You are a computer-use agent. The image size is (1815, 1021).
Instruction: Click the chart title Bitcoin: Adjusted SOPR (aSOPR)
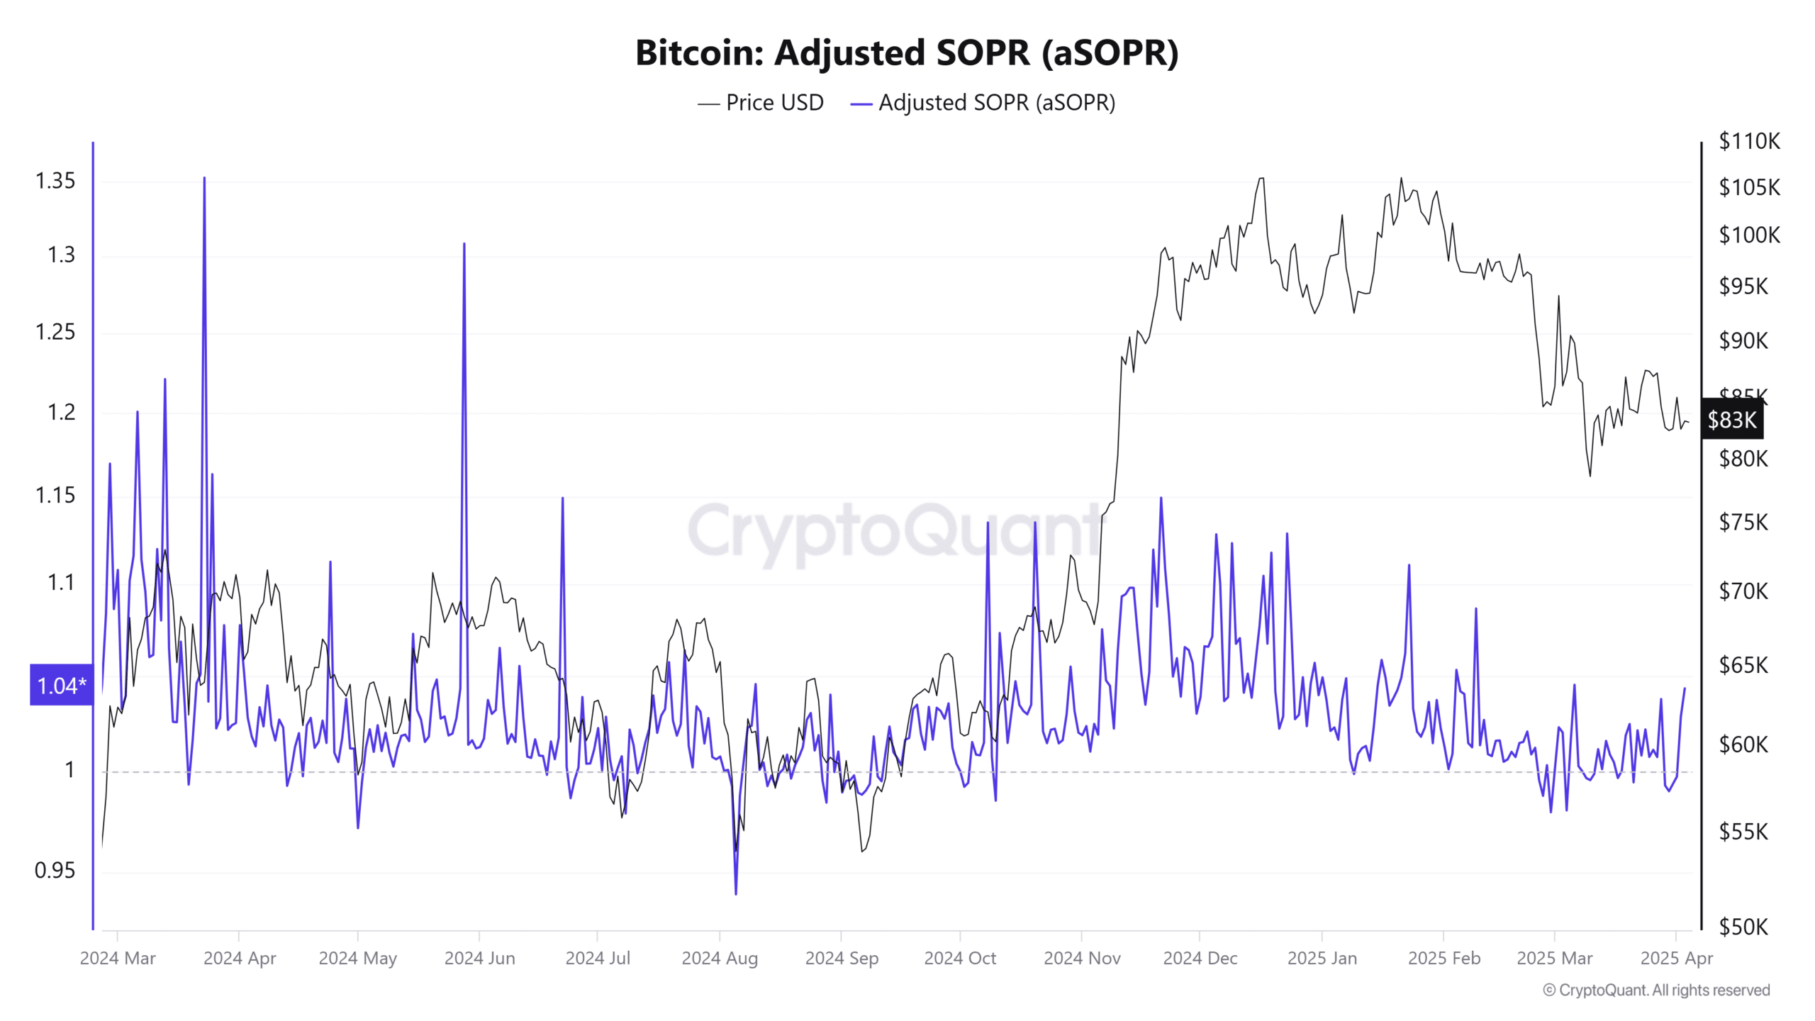(907, 53)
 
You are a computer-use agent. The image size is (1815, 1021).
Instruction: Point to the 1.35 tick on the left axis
(55, 181)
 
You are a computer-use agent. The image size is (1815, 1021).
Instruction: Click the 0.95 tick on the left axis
(55, 870)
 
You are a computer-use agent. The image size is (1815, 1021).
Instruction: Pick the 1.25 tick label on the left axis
(55, 331)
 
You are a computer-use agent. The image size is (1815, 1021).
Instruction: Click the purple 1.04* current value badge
(61, 685)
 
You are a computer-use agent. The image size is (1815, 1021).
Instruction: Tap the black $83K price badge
(1731, 420)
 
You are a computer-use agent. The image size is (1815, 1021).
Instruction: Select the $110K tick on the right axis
(1749, 141)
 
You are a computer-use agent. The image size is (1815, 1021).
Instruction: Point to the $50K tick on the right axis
(1743, 927)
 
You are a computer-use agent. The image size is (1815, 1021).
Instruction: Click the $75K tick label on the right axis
(1743, 523)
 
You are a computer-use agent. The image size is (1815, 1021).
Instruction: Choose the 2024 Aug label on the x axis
(720, 958)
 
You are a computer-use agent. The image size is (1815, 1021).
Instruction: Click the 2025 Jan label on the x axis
(1322, 958)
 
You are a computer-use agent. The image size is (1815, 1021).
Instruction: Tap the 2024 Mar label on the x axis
(118, 958)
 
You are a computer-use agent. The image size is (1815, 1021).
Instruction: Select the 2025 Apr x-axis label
(1676, 958)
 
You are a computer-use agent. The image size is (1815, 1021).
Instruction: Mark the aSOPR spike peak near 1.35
(204, 179)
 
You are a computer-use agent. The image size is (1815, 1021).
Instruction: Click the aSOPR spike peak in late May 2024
(464, 245)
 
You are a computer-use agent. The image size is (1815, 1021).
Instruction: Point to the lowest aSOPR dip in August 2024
(736, 893)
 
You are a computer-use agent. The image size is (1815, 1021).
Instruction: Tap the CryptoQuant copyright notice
(1656, 990)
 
